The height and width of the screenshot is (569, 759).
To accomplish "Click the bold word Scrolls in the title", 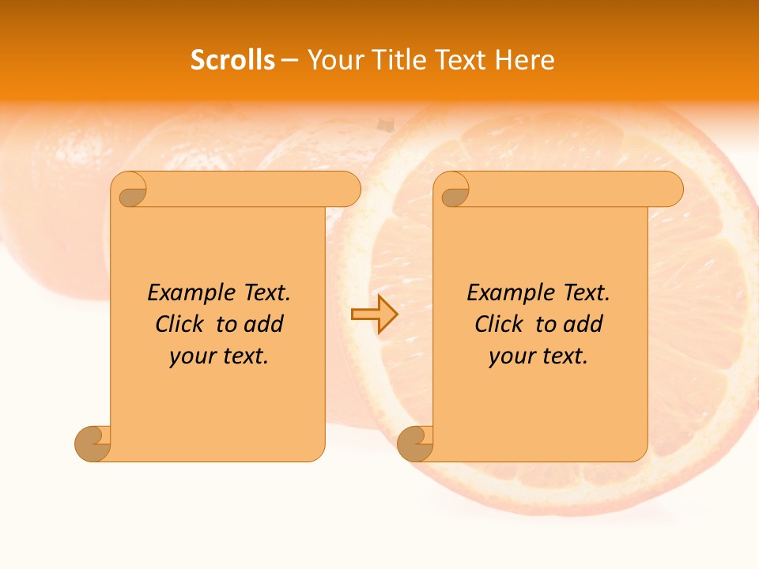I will (x=232, y=60).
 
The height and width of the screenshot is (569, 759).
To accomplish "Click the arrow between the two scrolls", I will (x=374, y=315).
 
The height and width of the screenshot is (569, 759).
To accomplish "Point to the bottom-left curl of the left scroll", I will (x=93, y=443).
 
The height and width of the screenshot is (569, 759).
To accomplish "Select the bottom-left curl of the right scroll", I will (x=415, y=443).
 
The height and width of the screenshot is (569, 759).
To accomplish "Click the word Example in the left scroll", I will (x=186, y=293).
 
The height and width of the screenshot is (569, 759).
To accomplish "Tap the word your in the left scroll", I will (x=191, y=357).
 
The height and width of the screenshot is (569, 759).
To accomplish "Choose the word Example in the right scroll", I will (x=505, y=293).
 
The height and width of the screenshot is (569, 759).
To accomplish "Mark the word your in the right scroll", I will (x=511, y=357).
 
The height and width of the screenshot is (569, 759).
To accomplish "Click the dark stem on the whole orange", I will (x=386, y=123).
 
